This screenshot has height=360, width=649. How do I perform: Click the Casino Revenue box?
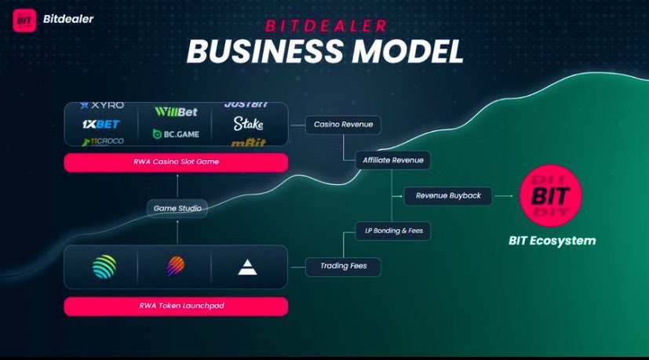tap(343, 124)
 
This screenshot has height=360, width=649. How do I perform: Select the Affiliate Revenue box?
tap(392, 160)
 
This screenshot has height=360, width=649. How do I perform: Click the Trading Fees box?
tap(344, 267)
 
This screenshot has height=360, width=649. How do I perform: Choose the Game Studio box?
tap(177, 209)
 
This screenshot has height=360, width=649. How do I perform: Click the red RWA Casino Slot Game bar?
tap(176, 162)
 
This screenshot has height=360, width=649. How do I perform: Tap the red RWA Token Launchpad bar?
tap(176, 306)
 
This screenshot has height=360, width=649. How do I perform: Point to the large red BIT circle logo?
tap(550, 195)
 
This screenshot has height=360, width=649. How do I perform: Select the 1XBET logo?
tap(101, 124)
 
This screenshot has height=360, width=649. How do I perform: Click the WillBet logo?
tap(176, 112)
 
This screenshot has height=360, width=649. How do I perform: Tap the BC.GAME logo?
tap(176, 134)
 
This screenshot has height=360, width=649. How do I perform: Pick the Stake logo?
tap(248, 124)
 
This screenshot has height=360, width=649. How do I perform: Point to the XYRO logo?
tap(102, 105)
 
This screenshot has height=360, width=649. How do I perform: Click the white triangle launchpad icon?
tap(247, 267)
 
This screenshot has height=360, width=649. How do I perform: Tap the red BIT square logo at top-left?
tap(24, 20)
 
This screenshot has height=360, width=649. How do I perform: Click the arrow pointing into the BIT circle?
tap(505, 196)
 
